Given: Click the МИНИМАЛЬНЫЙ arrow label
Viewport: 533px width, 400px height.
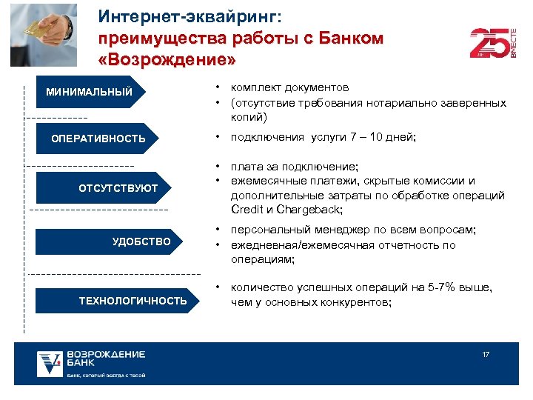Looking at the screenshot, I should (x=89, y=93).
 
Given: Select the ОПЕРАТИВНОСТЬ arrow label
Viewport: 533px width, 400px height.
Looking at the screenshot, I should (x=98, y=139).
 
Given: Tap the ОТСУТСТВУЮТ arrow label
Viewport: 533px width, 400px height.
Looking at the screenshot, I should (x=118, y=188).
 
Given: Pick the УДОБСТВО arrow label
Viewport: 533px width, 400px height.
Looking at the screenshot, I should (x=141, y=241).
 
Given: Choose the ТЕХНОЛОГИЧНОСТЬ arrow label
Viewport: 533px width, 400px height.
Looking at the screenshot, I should (x=133, y=300).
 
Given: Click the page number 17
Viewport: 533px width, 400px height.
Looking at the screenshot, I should (x=486, y=355).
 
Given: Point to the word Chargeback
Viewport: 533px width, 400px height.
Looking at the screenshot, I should (x=304, y=210).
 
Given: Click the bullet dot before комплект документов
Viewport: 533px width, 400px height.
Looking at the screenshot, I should (x=219, y=88).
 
